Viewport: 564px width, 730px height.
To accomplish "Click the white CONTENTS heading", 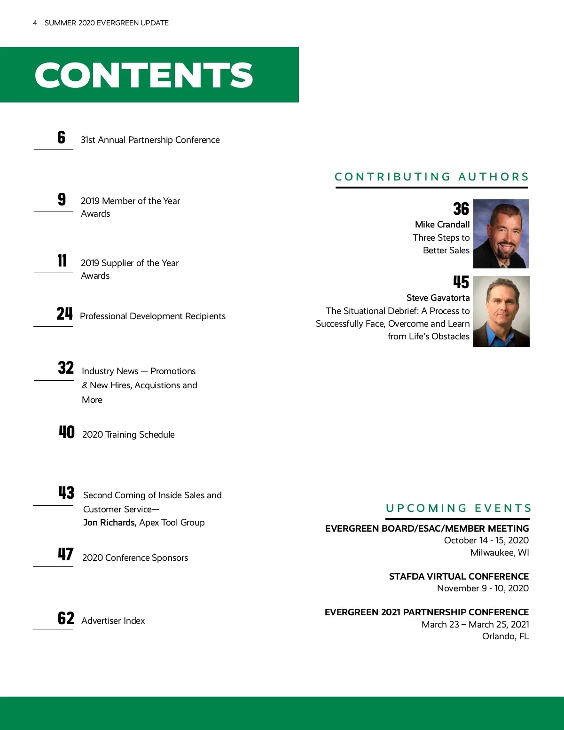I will (144, 75).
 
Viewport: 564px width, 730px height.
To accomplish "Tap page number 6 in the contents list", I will (62, 137).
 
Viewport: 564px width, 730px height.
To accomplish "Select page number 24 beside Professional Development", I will (64, 314).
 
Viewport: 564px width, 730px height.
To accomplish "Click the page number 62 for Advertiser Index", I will (66, 618).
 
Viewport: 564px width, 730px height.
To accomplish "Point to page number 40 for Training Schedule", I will (67, 432).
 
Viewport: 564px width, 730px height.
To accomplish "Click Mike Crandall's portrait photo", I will (501, 234).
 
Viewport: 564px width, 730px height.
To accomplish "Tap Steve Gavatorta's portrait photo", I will (501, 311).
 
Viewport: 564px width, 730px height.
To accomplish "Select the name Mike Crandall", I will (442, 225).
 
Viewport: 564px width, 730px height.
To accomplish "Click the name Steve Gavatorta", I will (438, 298).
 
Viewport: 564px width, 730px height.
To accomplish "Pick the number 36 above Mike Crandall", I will (461, 209).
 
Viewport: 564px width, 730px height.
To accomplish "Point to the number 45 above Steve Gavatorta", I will (461, 282).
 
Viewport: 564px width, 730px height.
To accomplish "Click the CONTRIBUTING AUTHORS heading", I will (432, 177).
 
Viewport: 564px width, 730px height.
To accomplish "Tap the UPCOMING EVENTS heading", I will (458, 508).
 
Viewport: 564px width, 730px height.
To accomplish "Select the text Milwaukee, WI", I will (500, 553).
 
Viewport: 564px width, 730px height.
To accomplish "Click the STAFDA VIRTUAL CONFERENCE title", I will (459, 576).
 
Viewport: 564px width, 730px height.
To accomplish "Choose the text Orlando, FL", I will (505, 636).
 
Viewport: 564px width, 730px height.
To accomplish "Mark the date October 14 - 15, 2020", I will (486, 541).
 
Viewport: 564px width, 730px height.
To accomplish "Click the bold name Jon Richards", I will (110, 523).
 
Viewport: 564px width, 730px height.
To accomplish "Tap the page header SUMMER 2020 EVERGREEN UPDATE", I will (107, 23).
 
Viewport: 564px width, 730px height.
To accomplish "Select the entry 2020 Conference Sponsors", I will (135, 558).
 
